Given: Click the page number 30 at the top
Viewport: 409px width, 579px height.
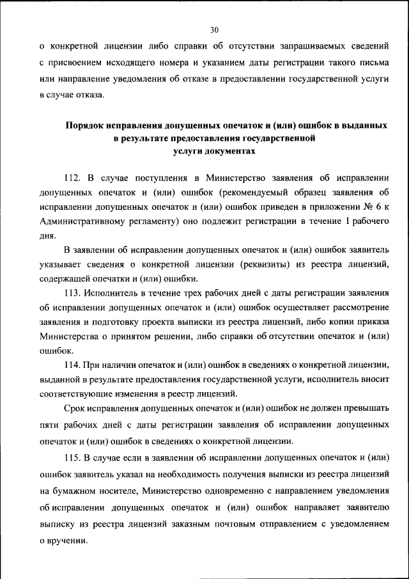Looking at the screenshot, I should (x=213, y=29).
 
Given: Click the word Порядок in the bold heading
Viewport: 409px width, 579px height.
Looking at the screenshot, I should (x=87, y=125).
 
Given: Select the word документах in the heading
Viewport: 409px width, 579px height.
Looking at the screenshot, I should (x=231, y=152).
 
